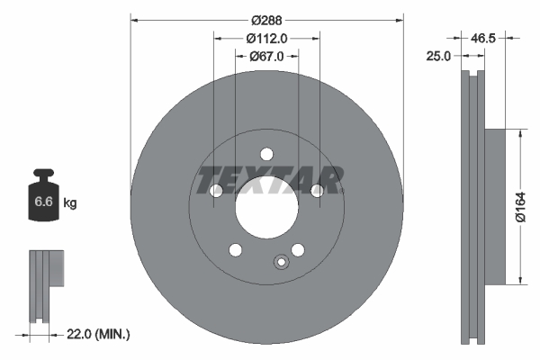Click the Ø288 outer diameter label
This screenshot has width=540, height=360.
click(266, 19)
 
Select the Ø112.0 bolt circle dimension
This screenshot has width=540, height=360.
click(266, 38)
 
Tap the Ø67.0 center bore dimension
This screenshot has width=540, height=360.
click(266, 56)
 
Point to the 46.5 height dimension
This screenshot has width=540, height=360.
click(484, 39)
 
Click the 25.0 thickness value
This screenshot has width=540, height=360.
click(439, 56)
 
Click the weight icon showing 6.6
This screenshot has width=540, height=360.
click(43, 199)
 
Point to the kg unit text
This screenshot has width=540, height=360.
click(70, 203)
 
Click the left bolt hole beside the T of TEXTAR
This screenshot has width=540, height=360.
click(216, 191)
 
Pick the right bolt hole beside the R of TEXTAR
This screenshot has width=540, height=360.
click(317, 191)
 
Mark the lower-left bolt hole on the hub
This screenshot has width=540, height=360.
click(235, 249)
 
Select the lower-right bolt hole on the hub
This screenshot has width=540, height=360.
click(298, 249)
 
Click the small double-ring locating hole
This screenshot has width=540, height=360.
click(280, 263)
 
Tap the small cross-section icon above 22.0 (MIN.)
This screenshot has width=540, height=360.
click(43, 285)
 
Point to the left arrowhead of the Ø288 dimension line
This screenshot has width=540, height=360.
click(135, 19)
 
